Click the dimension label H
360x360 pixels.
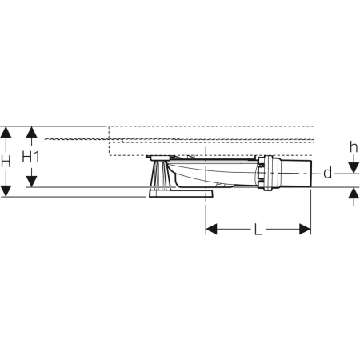tap(6, 161)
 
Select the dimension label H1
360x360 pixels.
tap(30, 157)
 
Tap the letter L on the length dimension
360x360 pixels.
tap(258, 230)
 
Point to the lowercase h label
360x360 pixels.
tap(353, 147)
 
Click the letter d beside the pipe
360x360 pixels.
tap(326, 174)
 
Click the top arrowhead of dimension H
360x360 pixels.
tap(7, 131)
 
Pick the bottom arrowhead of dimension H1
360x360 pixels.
tap(30, 182)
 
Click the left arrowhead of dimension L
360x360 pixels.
tap(212, 230)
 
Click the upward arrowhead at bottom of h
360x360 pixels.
tap(353, 194)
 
